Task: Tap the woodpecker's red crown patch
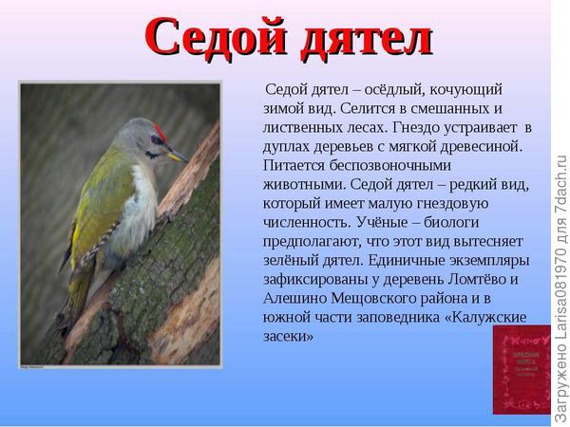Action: (x=160, y=129)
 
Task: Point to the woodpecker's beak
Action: (x=177, y=155)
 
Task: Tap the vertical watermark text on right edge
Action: (x=560, y=285)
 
